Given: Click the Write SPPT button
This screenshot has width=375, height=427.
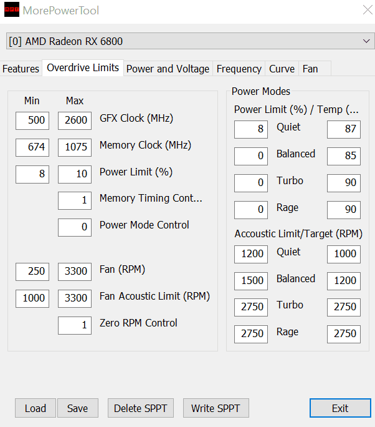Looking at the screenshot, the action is [x=216, y=408].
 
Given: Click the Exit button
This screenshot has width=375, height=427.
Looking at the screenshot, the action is [x=340, y=408].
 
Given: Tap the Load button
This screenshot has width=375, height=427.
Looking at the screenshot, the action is [x=36, y=408].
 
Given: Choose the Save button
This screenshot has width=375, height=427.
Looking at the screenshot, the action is [x=78, y=408].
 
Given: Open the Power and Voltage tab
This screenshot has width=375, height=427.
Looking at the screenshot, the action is [x=168, y=69].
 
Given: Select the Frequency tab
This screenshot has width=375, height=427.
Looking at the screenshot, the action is [x=239, y=69].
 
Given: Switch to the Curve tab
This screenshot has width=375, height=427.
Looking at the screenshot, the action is [x=282, y=69].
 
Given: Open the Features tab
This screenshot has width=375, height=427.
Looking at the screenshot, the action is [x=21, y=69].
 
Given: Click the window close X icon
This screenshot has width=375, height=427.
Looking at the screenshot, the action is [x=368, y=10].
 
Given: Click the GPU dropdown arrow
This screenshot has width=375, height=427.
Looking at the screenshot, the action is [x=366, y=41].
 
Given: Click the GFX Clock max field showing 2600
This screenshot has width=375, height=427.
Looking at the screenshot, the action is [x=75, y=120].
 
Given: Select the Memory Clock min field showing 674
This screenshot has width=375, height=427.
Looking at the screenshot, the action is [x=32, y=147].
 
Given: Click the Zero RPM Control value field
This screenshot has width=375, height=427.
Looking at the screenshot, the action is [x=75, y=325].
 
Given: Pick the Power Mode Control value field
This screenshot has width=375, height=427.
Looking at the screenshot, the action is [x=75, y=227].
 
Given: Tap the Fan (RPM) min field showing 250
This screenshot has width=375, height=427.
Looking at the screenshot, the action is [x=32, y=272].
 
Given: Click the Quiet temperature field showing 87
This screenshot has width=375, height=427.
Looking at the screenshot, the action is [x=344, y=129].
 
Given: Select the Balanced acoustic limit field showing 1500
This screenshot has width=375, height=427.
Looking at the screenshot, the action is [x=251, y=281].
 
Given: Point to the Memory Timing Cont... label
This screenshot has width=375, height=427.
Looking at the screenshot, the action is [x=151, y=199].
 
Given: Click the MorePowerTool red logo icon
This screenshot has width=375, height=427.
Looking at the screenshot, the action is [x=12, y=9].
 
